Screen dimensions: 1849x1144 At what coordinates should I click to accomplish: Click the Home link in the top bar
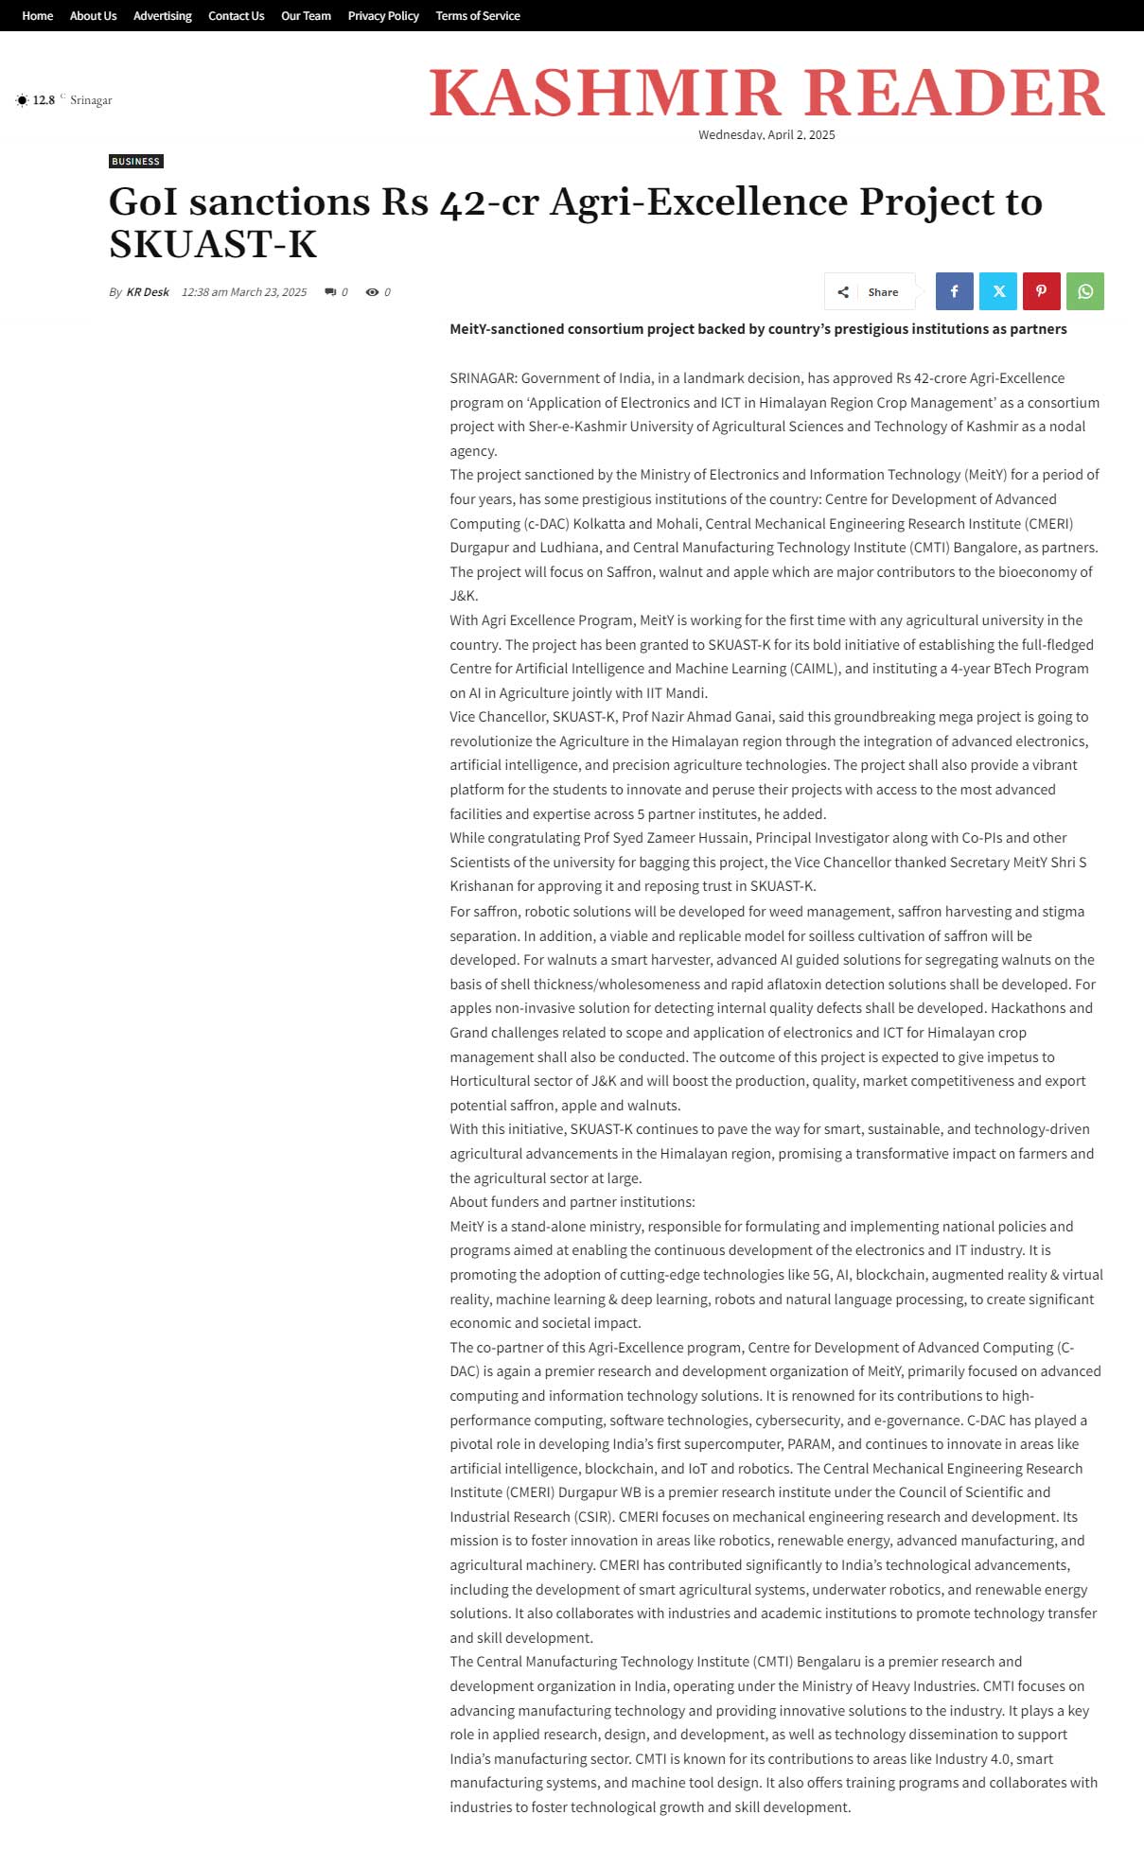coord(38,16)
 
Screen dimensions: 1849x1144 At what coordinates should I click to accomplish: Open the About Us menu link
coord(93,16)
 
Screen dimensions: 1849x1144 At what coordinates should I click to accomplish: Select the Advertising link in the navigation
coord(162,16)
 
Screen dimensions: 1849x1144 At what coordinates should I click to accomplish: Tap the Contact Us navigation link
coord(236,16)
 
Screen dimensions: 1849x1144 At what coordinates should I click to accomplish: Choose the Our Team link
coord(306,16)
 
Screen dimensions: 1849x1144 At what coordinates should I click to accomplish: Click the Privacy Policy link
coord(383,16)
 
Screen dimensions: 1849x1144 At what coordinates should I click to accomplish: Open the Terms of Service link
coord(478,16)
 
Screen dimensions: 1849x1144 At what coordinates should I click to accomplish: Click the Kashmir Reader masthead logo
coord(766,93)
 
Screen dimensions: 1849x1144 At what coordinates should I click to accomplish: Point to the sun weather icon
coord(22,100)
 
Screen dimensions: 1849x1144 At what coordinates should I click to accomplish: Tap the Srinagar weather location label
coord(91,100)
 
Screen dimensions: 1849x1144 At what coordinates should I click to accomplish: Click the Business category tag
coord(136,162)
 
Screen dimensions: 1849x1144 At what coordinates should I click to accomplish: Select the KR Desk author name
coord(148,292)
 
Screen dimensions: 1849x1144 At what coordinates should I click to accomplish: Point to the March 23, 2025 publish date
coord(244,292)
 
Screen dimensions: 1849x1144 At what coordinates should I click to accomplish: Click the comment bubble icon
coord(330,292)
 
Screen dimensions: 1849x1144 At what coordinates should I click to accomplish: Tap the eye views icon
coord(372,292)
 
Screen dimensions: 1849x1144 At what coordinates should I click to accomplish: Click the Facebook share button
coord(954,291)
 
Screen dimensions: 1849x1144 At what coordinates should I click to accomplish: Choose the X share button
coord(998,291)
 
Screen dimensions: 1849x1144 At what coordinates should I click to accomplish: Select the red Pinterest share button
coord(1041,291)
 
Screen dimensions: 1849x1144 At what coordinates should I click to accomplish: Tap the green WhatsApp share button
coord(1085,291)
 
